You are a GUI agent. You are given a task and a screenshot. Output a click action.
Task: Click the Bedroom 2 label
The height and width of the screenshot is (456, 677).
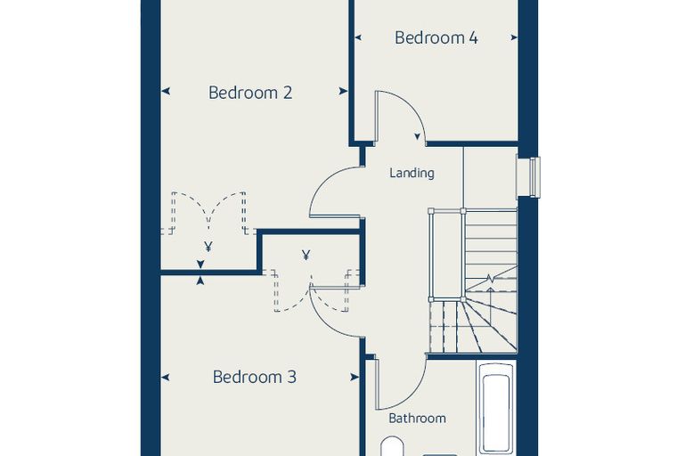tap(250, 93)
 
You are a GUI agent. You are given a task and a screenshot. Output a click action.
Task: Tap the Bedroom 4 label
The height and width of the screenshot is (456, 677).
tap(436, 37)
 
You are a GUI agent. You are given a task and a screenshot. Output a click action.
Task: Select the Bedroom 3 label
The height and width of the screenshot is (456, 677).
tap(254, 377)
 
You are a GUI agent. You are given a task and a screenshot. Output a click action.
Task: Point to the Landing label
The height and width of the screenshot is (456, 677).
tap(412, 173)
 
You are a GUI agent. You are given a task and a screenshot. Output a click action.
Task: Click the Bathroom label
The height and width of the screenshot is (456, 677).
tap(417, 418)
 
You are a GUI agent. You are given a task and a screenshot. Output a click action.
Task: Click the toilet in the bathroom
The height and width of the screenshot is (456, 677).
tap(393, 447)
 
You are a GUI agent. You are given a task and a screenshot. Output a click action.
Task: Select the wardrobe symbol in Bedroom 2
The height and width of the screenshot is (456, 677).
tap(208, 247)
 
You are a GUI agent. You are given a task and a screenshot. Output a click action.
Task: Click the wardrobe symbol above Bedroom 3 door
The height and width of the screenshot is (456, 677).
tap(306, 256)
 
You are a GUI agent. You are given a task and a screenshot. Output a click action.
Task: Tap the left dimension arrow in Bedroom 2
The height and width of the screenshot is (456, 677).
tap(166, 91)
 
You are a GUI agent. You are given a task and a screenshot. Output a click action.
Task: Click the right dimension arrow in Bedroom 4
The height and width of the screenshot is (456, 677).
tap(514, 37)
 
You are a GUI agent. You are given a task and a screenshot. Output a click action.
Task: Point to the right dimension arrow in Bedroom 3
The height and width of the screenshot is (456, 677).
tap(355, 378)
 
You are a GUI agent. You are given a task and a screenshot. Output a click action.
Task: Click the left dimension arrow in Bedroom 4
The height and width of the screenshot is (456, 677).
tap(358, 37)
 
